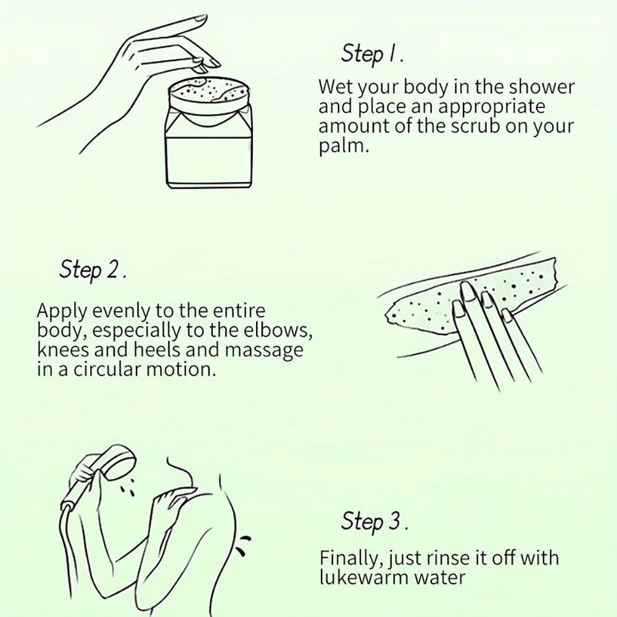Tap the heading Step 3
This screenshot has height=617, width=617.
click(x=375, y=521)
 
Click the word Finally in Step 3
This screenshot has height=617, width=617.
click(x=350, y=559)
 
